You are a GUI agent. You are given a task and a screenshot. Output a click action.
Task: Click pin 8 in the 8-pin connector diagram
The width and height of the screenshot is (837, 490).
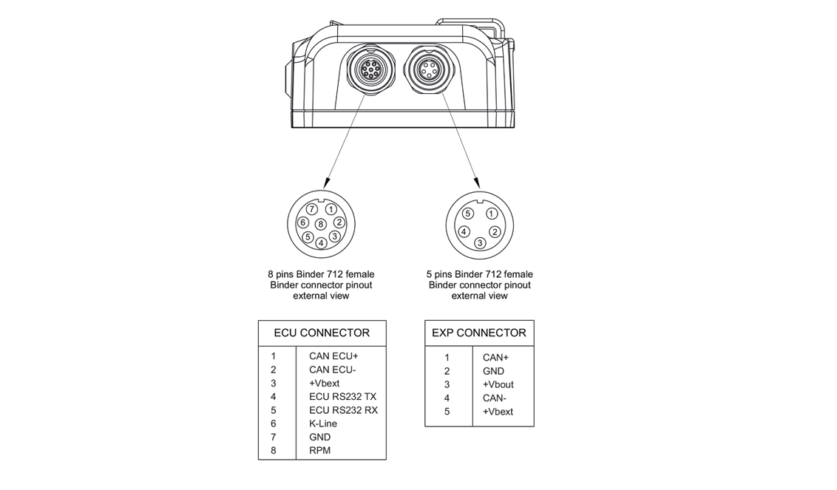click(320, 224)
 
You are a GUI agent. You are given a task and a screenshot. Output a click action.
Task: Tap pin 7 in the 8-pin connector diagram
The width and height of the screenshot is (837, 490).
click(312, 210)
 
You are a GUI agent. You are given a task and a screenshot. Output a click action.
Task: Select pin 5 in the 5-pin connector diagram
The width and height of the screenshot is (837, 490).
click(468, 214)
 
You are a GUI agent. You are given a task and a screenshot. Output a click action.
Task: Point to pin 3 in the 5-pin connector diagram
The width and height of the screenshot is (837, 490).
click(479, 242)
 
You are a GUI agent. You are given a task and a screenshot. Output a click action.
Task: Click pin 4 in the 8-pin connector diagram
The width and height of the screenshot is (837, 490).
click(321, 242)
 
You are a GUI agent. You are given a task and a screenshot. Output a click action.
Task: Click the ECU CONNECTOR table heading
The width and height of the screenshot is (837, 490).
click(322, 333)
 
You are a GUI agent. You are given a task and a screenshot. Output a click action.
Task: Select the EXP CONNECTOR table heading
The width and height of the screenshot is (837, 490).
click(479, 333)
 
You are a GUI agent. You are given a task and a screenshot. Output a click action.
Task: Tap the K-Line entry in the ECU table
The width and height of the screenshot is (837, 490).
click(323, 423)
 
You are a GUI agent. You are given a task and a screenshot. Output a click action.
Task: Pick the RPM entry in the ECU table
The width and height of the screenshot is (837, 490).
click(320, 450)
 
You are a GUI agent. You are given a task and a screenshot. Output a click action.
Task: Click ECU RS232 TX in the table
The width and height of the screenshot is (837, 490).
click(342, 397)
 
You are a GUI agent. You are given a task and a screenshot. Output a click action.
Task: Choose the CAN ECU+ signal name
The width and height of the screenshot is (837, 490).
click(333, 356)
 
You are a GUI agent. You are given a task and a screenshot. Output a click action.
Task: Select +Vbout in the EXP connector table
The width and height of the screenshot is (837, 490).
click(498, 384)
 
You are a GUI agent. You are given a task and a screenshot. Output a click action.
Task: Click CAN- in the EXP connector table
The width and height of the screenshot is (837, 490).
click(495, 398)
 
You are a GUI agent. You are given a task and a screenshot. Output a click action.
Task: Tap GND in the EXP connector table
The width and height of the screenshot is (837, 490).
click(493, 371)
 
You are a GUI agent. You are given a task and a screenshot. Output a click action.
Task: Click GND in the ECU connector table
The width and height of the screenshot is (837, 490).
click(320, 437)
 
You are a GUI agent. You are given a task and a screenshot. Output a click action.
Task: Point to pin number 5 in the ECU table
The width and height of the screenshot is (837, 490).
click(274, 410)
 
